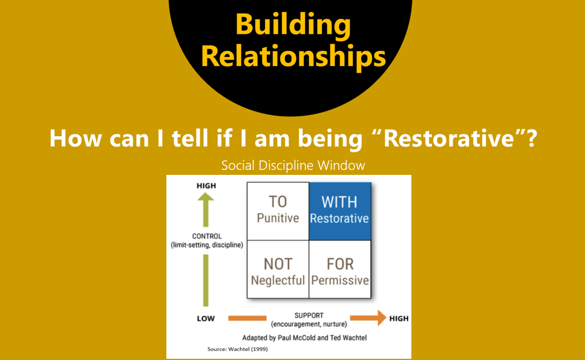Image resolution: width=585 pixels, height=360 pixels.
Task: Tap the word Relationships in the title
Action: [293, 56]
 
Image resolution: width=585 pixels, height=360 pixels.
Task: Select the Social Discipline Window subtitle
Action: [293, 165]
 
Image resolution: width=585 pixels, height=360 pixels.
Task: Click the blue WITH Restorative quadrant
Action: [340, 211]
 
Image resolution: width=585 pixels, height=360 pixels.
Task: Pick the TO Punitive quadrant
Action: [278, 211]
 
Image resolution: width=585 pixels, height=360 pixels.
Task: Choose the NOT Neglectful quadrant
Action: [278, 269]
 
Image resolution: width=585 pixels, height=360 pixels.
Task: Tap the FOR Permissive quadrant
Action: [340, 269]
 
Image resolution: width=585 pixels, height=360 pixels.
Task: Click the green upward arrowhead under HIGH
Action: [206, 198]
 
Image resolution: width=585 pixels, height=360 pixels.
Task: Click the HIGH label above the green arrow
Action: [206, 186]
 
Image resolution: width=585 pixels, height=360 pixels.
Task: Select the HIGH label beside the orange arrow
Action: [399, 319]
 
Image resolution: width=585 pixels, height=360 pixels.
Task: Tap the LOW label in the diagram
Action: [206, 319]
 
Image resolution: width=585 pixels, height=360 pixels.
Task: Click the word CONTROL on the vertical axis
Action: [207, 236]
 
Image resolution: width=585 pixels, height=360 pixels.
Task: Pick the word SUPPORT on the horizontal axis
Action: [309, 316]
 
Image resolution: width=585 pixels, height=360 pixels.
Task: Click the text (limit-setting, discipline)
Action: [207, 245]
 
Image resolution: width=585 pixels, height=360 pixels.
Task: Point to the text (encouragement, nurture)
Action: [309, 324]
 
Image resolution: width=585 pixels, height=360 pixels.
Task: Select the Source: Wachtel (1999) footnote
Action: [237, 349]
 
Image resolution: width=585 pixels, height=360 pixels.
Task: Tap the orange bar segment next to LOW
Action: [247, 318]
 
